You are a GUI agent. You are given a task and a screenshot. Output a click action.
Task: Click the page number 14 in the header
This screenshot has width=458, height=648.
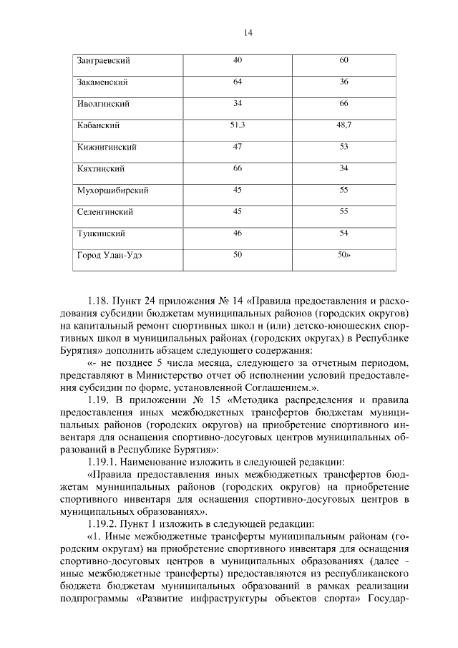pos(248,32)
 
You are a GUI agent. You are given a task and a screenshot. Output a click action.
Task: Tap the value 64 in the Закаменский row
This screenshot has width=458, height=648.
pos(238,82)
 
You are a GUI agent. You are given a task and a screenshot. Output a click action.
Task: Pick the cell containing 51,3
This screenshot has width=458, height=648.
pos(238,125)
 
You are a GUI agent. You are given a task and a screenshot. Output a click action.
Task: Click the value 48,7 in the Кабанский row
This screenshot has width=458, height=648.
pos(343,125)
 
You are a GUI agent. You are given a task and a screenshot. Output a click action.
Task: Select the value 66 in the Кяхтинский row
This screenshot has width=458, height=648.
pos(238,168)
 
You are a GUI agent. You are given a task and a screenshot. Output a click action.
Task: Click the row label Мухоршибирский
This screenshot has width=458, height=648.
pos(112,190)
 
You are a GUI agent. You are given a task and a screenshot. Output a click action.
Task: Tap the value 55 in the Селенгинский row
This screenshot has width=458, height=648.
pos(343,212)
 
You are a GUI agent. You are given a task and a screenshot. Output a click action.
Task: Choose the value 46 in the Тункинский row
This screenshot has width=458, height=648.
pos(238,233)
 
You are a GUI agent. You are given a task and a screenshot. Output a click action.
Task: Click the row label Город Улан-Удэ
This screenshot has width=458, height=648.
pos(109,256)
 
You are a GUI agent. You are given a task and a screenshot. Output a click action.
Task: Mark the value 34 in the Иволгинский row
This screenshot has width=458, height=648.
pos(238,104)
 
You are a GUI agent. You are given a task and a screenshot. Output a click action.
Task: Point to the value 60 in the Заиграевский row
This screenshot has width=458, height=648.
pos(343,60)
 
